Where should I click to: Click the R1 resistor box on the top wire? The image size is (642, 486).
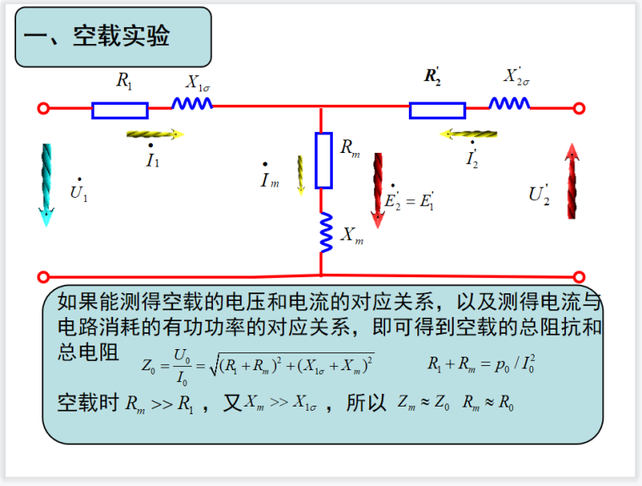(120, 110)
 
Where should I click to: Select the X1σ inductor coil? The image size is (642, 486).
(192, 103)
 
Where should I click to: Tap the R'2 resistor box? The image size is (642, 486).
(437, 110)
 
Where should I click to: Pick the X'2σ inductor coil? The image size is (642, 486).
(509, 103)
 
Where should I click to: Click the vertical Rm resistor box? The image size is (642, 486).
(324, 160)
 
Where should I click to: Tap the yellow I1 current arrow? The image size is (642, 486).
(155, 134)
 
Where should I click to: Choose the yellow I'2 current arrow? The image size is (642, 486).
(468, 134)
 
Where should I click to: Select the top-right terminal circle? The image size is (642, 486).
(579, 108)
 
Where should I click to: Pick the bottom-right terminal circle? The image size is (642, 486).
(579, 276)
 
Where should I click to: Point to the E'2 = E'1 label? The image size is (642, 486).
(409, 201)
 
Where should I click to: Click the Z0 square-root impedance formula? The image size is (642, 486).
(258, 366)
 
